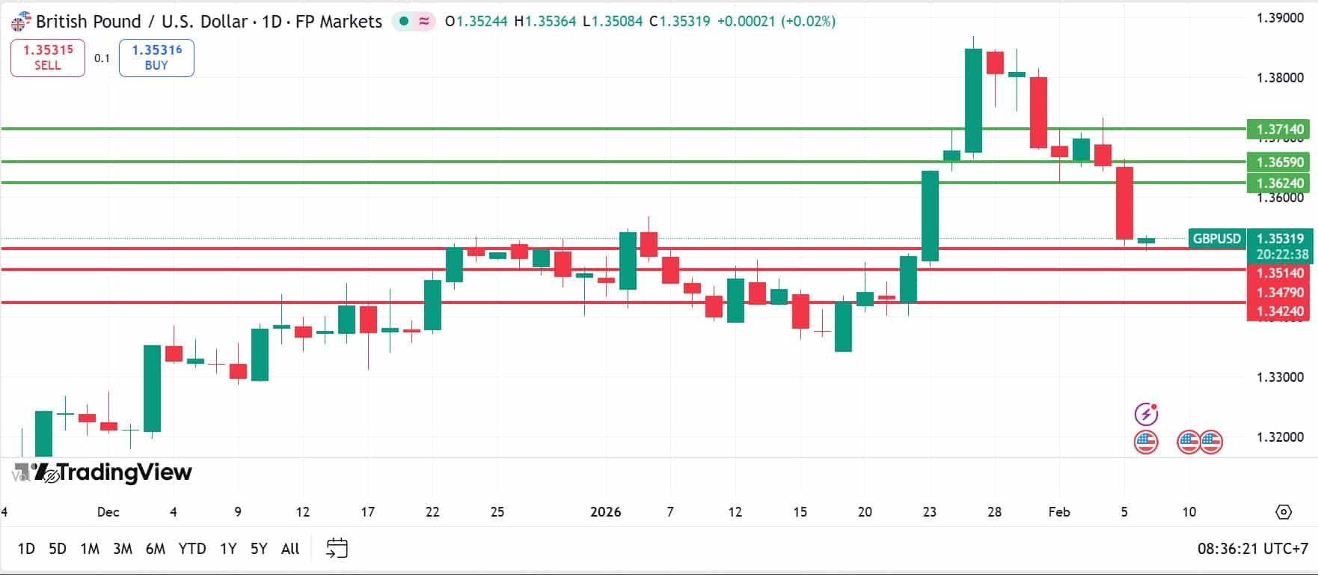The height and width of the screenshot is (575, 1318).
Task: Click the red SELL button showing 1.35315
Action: coord(48,58)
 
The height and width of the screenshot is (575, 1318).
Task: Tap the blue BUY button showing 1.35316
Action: coord(156,58)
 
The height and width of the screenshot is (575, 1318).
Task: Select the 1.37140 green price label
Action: coord(1279,130)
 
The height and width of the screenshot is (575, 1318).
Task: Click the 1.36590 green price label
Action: coord(1279,162)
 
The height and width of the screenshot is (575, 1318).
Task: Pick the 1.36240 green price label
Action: coord(1279,183)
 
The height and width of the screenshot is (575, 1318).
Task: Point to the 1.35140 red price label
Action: coord(1279,273)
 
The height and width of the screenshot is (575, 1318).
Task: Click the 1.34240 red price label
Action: coord(1279,311)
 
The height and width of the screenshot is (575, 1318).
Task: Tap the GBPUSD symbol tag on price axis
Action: coord(1216,239)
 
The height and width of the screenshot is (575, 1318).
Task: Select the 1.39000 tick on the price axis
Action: coord(1279,18)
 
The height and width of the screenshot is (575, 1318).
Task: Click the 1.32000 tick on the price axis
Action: coord(1279,437)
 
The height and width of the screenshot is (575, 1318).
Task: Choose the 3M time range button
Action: coord(123,549)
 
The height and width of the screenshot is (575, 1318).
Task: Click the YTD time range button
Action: coord(192,549)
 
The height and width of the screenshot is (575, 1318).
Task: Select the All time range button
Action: coord(290,549)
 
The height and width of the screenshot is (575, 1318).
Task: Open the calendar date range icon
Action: coord(337,549)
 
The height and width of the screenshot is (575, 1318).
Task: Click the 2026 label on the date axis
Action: coord(605,512)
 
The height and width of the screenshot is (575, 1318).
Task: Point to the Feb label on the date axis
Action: coord(1058,512)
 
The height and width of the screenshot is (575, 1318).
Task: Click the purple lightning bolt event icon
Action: coord(1146,414)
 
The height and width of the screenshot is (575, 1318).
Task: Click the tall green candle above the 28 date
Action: coord(973,100)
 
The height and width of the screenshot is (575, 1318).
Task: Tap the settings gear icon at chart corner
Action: coord(1284,512)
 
